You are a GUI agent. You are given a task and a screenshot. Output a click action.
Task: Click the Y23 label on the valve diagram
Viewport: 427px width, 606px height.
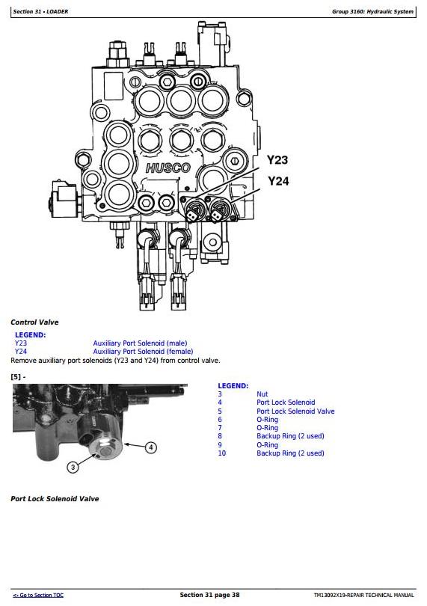(277, 160)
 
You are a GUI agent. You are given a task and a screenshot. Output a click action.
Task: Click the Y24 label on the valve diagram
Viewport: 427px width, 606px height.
(278, 181)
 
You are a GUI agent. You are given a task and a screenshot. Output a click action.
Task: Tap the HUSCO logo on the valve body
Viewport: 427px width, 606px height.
(168, 168)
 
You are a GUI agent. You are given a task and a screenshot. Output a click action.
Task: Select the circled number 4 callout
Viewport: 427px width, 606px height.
(151, 447)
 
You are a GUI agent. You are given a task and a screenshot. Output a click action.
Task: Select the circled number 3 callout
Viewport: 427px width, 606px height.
(73, 468)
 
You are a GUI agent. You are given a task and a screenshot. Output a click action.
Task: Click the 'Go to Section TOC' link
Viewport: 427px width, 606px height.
(38, 596)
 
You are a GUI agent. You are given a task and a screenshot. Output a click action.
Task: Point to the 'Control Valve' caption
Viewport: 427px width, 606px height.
(35, 322)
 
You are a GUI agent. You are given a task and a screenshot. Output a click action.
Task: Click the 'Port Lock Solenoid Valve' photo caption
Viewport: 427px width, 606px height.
(55, 499)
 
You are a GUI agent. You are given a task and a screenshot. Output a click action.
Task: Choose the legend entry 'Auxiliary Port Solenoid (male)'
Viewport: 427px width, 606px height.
(140, 343)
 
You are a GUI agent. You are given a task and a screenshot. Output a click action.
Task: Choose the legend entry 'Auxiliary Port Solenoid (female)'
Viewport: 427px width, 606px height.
(143, 352)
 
